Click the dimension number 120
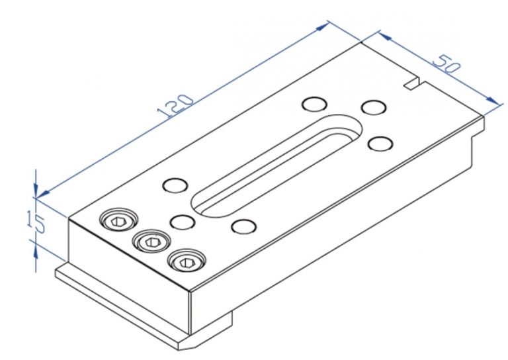[177, 107]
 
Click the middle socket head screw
[151, 242]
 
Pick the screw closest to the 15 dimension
[118, 220]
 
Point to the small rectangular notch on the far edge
[412, 83]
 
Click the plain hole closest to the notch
[374, 107]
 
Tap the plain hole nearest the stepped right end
[380, 143]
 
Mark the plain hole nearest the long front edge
[244, 227]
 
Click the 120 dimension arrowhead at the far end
[323, 26]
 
